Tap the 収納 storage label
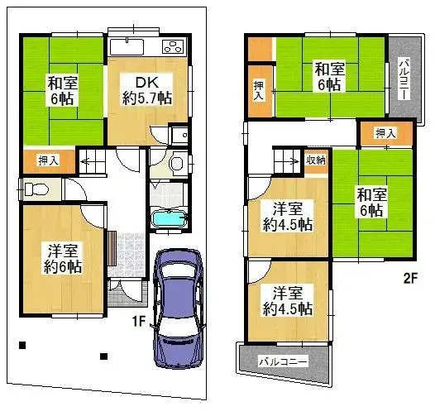tap(315, 160)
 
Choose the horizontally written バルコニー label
tap(284, 361)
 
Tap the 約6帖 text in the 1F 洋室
tap(62, 266)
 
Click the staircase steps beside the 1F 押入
tap(90, 160)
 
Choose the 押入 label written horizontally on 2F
tap(384, 132)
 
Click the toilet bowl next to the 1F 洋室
tap(35, 189)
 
